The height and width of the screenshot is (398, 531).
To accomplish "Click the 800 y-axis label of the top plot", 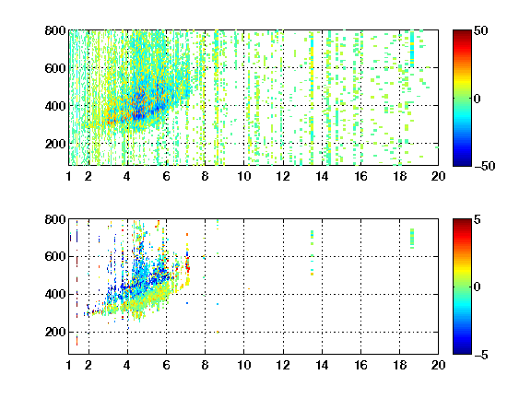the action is pos(55,30).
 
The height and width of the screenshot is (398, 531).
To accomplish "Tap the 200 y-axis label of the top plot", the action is pos(55,144).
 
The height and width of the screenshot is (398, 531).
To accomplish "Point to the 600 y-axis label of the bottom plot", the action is pos(55,256).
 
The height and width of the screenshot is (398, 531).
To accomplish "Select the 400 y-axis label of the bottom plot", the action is pos(55,294).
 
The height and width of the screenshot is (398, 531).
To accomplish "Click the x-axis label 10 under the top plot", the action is pos(243,176).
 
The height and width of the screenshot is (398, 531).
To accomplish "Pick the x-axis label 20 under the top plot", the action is pos(438,176).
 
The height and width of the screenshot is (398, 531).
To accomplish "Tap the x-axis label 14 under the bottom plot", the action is pos(322,365).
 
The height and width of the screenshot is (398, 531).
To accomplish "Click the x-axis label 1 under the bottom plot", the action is pos(69,365).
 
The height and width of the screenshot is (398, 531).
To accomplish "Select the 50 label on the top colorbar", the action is pos(480,30).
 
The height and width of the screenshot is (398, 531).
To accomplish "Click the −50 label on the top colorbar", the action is pos(485,166).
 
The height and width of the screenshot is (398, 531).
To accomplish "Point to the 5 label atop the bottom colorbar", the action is pos(478,219).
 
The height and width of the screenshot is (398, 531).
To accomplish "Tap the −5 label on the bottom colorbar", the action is pos(481,355).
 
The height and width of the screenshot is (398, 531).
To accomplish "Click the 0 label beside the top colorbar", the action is pos(478,99).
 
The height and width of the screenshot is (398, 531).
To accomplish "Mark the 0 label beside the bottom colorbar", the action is pos(478,287).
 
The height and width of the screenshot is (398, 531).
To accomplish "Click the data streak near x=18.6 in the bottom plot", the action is pos(412,239).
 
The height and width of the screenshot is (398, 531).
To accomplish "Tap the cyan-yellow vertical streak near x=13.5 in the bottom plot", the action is pos(312,252).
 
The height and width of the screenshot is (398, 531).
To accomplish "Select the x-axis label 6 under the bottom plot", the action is pos(166,365).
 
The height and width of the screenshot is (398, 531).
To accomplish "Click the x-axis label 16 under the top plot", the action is pos(360,176).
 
